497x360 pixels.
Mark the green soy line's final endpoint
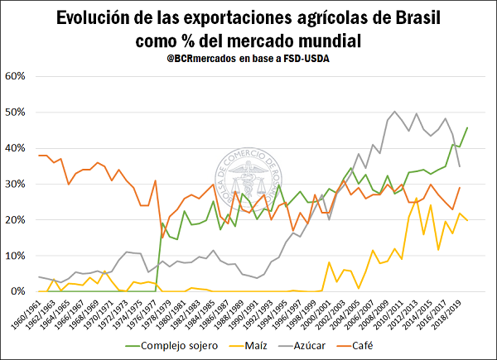(x=467, y=127)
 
